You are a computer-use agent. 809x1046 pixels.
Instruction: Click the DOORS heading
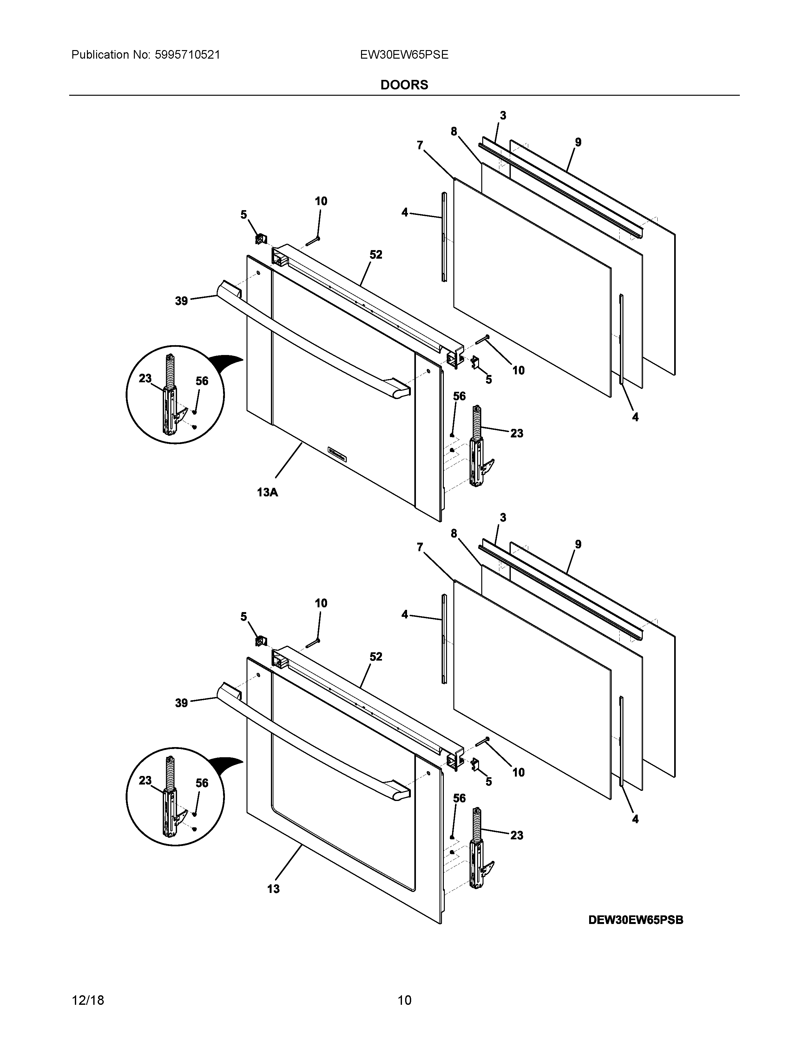[x=404, y=85]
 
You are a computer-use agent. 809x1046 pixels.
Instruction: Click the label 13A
[x=267, y=492]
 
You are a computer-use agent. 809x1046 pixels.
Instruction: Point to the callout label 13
[x=273, y=889]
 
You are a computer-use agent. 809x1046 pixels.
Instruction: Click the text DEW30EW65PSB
[x=635, y=920]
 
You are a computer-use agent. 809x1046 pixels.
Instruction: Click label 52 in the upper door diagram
[x=376, y=255]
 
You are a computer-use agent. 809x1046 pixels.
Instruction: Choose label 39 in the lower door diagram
[x=181, y=703]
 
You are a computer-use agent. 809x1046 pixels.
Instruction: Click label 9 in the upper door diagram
[x=578, y=142]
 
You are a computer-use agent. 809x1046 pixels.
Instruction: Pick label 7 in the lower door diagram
[x=420, y=547]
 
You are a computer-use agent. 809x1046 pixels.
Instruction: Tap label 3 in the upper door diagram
[x=503, y=115]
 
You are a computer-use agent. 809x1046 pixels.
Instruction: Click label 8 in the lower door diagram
[x=453, y=533]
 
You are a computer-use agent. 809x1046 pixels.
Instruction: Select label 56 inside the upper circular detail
[x=202, y=381]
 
